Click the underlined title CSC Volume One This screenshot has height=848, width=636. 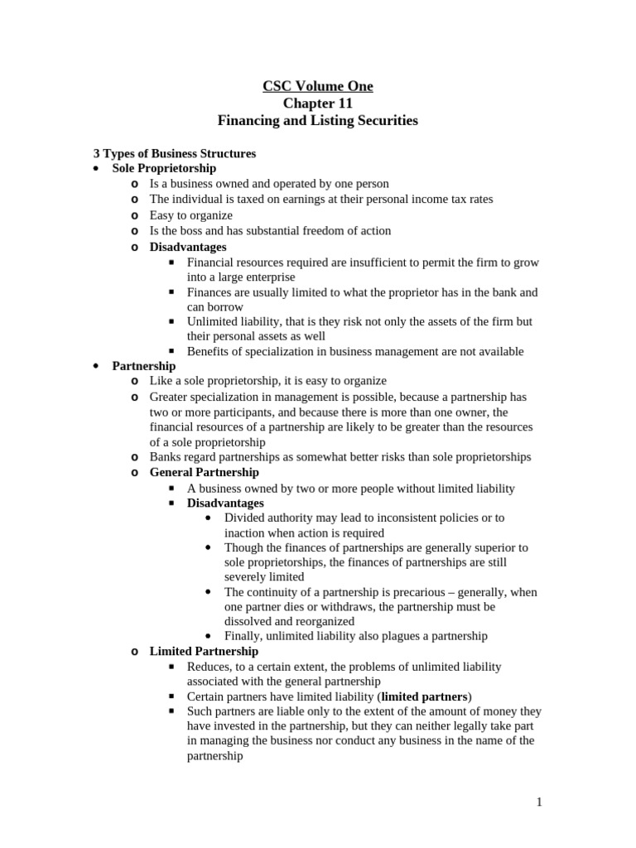click(x=318, y=86)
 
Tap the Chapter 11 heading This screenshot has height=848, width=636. click(x=318, y=104)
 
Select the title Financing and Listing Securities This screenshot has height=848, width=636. click(x=318, y=121)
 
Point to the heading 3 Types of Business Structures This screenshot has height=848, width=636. click(x=174, y=154)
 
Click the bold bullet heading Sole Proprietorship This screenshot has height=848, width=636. click(x=164, y=168)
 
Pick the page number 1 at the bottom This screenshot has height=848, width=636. click(x=538, y=802)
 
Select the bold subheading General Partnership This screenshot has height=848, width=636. click(x=204, y=472)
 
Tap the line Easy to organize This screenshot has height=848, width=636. click(x=191, y=215)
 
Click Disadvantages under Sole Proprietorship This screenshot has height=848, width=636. click(x=188, y=247)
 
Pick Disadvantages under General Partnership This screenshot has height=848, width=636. click(x=225, y=503)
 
